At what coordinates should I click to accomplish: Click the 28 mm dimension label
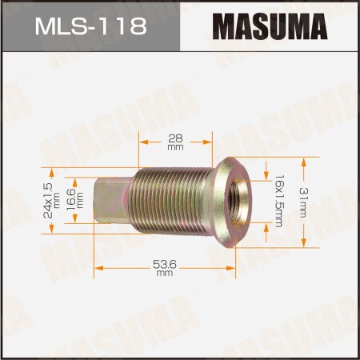coord(174,142)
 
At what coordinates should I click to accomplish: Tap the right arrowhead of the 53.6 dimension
coord(234,267)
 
